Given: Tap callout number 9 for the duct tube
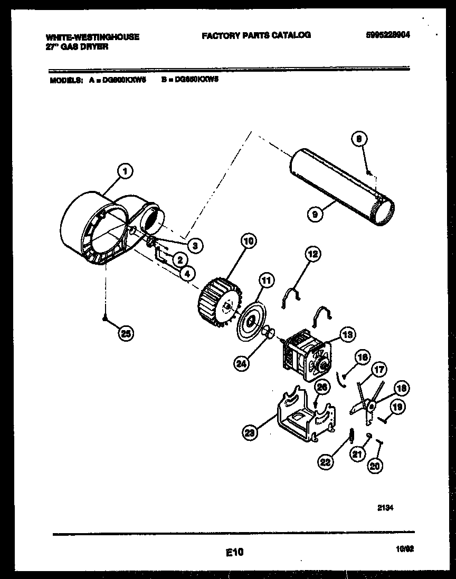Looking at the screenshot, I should (x=315, y=215).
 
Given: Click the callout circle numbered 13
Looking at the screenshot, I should (x=348, y=334).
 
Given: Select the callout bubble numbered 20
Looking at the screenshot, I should (x=376, y=466).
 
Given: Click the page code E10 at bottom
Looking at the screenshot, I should (x=235, y=552).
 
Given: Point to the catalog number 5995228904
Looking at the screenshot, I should (x=387, y=35).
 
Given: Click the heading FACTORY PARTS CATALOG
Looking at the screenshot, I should (x=256, y=35).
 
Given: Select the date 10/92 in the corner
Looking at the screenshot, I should (x=404, y=550).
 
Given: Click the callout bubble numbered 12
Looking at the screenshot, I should (x=313, y=255).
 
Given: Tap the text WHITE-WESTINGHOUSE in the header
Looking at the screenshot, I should (x=93, y=37).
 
